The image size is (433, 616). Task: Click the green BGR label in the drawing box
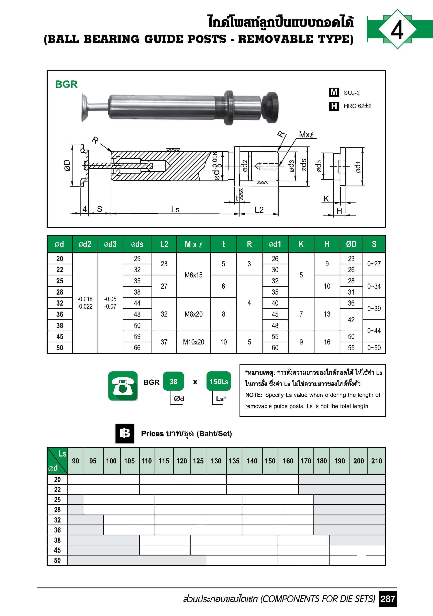tap(66, 84)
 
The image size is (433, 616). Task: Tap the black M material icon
tap(334, 92)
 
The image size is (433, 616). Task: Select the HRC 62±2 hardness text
tap(358, 106)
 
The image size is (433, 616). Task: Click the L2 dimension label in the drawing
tap(259, 210)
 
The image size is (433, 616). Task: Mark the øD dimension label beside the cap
tap(67, 166)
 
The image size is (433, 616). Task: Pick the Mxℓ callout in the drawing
tap(306, 134)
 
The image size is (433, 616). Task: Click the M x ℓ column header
tap(193, 244)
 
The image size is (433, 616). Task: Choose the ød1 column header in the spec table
tap(275, 244)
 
